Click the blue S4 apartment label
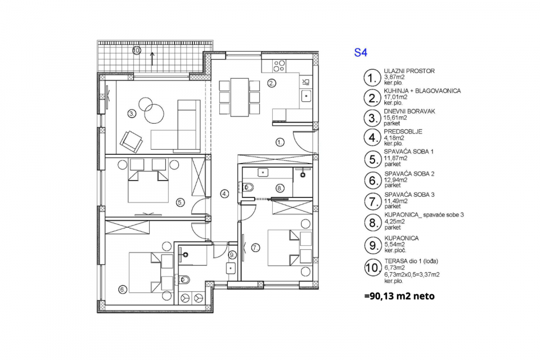pyautogui.click(x=361, y=53)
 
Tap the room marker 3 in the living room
pyautogui.click(x=132, y=113)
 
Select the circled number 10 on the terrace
pyautogui.click(x=137, y=51)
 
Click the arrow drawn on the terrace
pyautogui.click(x=152, y=58)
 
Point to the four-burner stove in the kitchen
pyautogui.click(x=280, y=66)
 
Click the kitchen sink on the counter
pyautogui.click(x=306, y=96)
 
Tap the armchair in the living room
pyautogui.click(x=131, y=141)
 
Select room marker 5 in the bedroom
pyautogui.click(x=181, y=202)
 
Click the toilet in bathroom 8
pyautogui.click(x=247, y=187)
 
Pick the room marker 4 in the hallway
pyautogui.click(x=224, y=194)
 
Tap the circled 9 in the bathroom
pyautogui.click(x=232, y=255)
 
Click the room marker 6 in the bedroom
pyautogui.click(x=123, y=290)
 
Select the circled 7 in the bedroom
pyautogui.click(x=255, y=247)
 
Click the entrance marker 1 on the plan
pyautogui.click(x=280, y=142)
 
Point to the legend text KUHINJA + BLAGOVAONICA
pyautogui.click(x=422, y=91)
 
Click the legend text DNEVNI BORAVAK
pyautogui.click(x=409, y=111)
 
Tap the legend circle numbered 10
pyautogui.click(x=373, y=268)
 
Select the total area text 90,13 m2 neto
pyautogui.click(x=399, y=296)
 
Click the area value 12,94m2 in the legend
pyautogui.click(x=395, y=180)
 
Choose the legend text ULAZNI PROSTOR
pyautogui.click(x=409, y=71)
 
